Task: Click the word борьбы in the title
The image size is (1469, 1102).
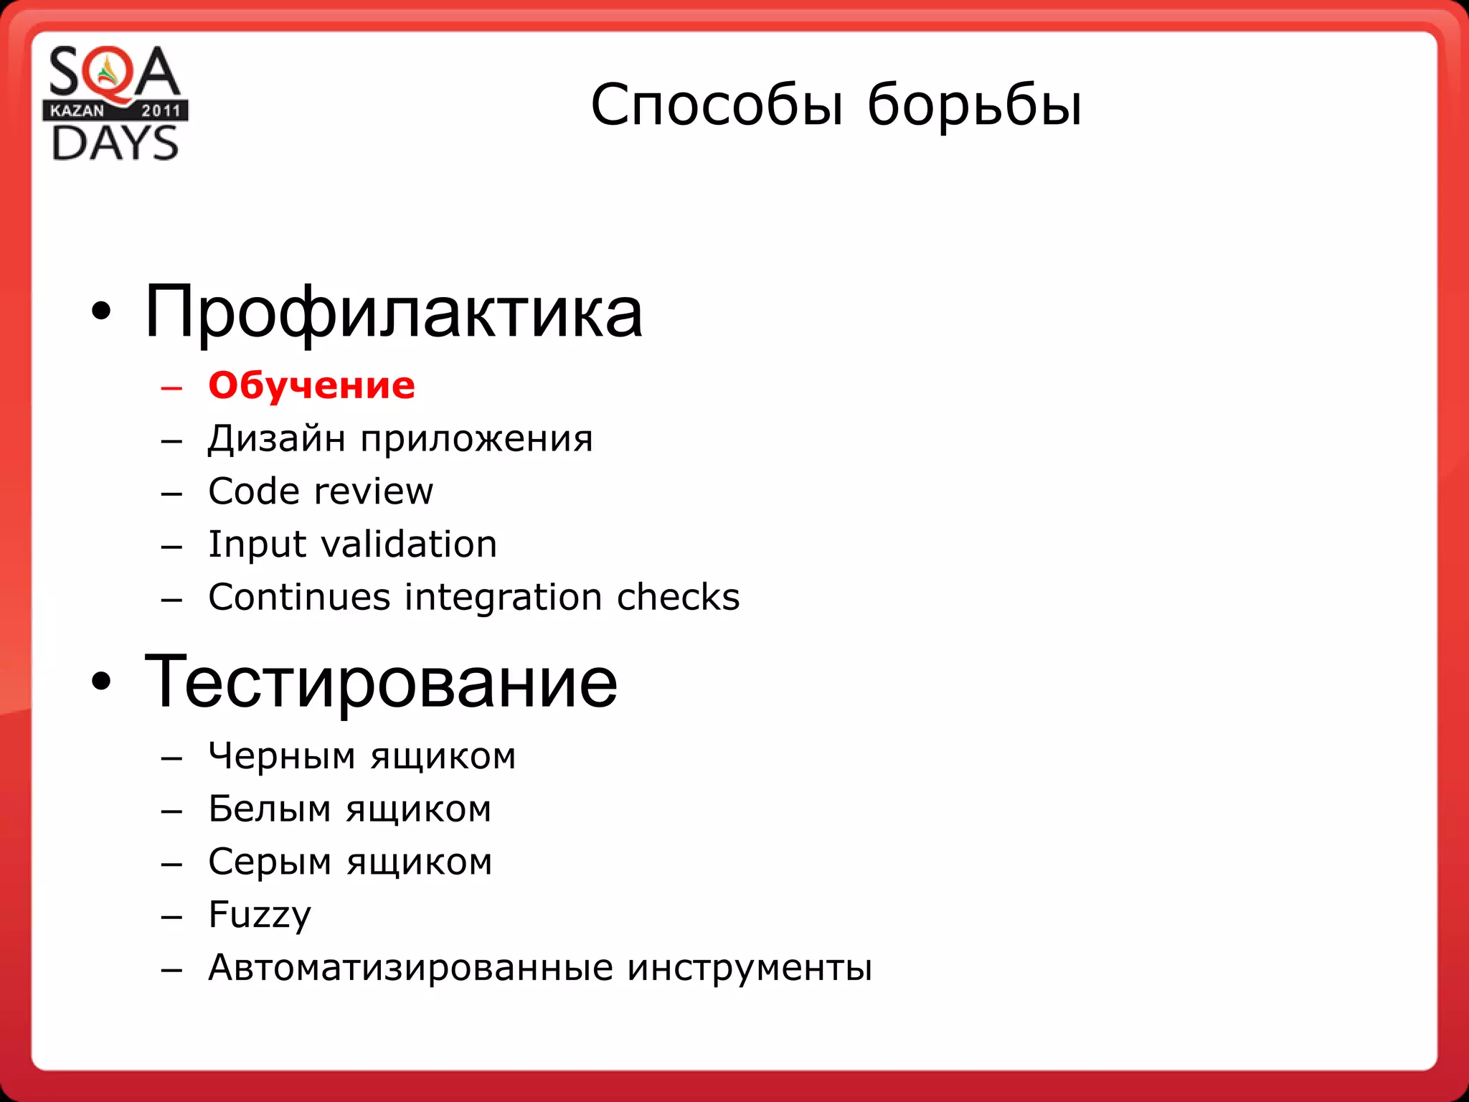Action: (974, 105)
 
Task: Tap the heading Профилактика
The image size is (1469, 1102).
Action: (393, 313)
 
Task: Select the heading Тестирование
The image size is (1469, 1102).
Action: (381, 682)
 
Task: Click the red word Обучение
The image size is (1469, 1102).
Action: (311, 386)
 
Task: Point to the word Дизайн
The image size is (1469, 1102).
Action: (277, 438)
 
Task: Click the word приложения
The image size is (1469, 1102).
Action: (477, 440)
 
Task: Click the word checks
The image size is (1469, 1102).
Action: (678, 598)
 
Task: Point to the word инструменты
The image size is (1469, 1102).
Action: (750, 968)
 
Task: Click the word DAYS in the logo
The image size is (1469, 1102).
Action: (115, 143)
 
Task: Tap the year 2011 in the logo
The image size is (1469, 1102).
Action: (161, 110)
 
